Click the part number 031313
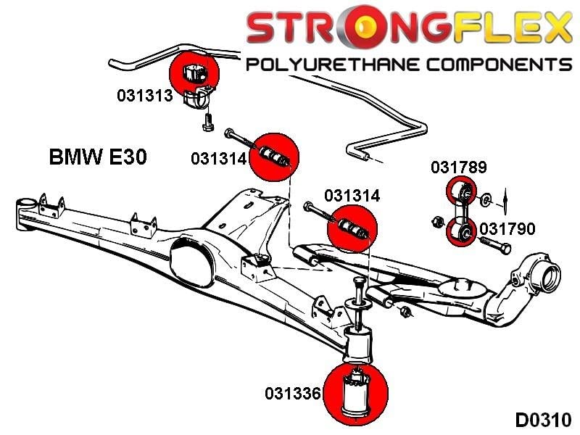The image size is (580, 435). (x=145, y=95)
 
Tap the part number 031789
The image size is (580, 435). (x=458, y=167)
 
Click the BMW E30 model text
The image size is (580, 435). (x=97, y=157)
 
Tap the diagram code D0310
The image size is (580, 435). (x=543, y=420)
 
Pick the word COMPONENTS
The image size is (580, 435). (x=499, y=65)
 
